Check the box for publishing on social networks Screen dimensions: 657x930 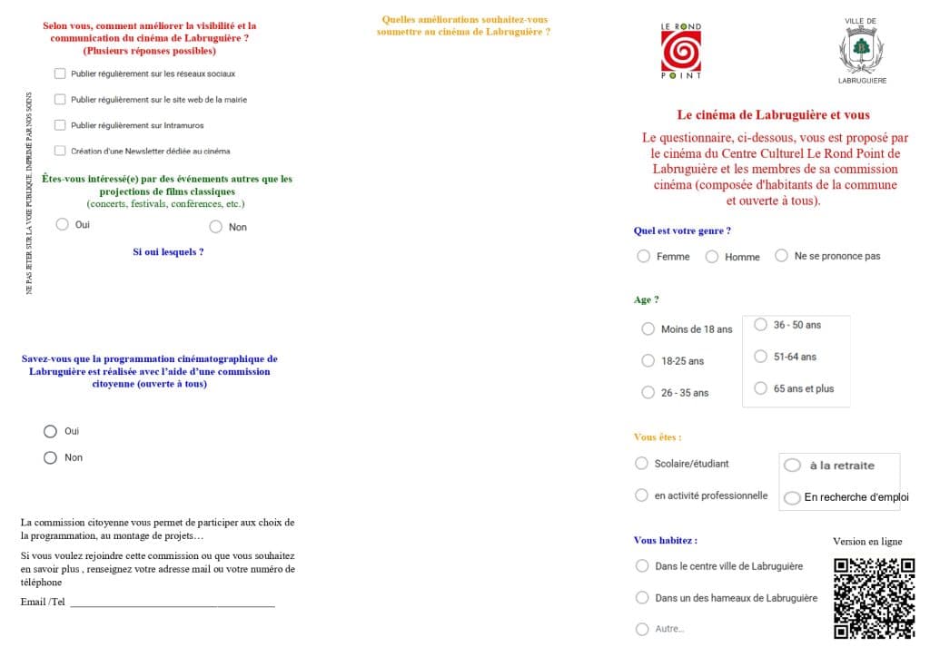click(60, 74)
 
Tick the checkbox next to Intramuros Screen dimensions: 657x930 click(60, 125)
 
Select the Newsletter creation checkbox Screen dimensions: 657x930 click(60, 151)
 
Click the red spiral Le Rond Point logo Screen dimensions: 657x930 click(681, 52)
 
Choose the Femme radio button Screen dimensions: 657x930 click(644, 257)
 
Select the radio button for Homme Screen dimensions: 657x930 click(712, 257)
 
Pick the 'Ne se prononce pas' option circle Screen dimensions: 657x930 click(781, 256)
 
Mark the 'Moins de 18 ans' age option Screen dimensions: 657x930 click(648, 329)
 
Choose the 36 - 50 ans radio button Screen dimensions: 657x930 click(761, 325)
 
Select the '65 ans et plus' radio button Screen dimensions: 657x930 click(761, 388)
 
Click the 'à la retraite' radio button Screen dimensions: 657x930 click(792, 466)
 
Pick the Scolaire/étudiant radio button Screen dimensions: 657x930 click(642, 464)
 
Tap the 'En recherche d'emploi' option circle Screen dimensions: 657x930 click(792, 497)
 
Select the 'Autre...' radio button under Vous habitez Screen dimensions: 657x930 click(642, 629)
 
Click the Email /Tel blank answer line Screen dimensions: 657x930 click(172, 603)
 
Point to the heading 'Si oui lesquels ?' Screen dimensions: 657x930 click(168, 251)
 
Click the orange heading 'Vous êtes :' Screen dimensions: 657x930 click(658, 436)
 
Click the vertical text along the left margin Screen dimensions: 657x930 click(29, 192)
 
